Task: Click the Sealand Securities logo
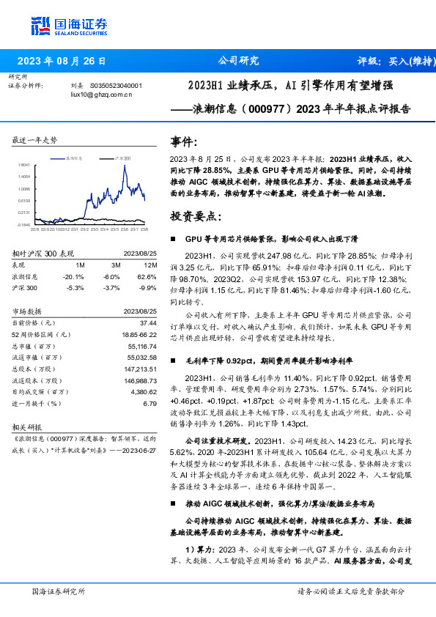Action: click(x=61, y=27)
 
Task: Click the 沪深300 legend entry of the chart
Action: click(x=120, y=158)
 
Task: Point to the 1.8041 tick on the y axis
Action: click(x=23, y=165)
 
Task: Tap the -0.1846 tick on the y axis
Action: click(x=23, y=224)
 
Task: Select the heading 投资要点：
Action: click(x=194, y=217)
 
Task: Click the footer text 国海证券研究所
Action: click(x=59, y=591)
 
